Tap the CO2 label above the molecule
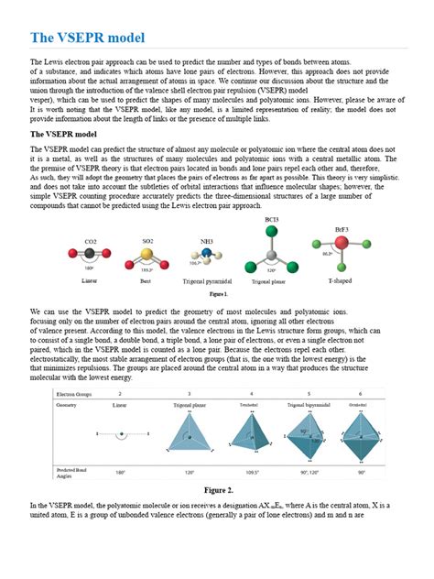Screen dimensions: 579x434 point(91,243)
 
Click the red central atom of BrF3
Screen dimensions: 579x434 point(342,244)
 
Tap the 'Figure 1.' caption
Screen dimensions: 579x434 point(218,295)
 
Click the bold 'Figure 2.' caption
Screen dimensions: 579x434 point(217,490)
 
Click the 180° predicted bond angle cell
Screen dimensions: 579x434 point(120,475)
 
